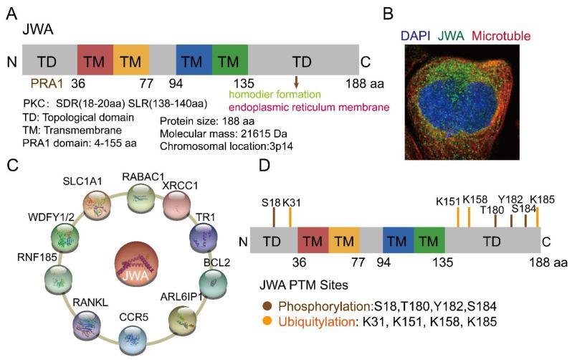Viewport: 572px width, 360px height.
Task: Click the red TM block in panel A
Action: click(x=95, y=57)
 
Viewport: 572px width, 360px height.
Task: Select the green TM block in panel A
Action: click(x=230, y=57)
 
